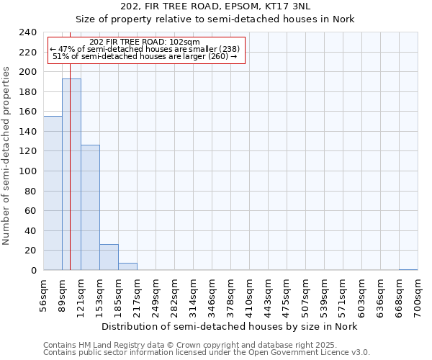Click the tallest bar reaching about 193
point(71,174)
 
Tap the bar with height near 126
point(90,207)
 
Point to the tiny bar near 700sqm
point(408,269)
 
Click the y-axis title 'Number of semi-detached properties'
point(6,151)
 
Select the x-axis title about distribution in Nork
point(229,326)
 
